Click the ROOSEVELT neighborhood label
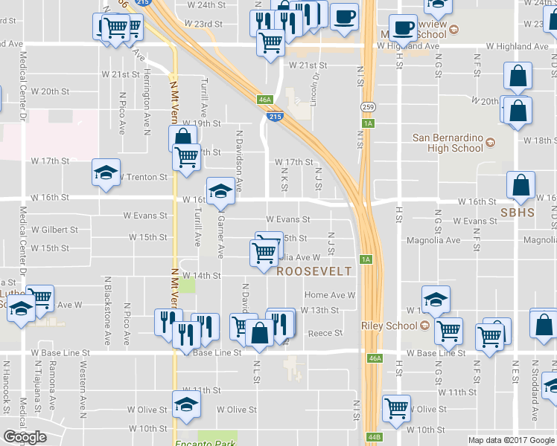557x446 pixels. (x=313, y=272)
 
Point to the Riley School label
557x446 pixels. (x=389, y=326)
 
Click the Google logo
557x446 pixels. (x=25, y=437)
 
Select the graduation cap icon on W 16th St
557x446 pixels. (x=220, y=191)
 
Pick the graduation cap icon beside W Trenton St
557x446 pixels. (x=106, y=173)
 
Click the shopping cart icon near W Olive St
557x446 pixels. (x=396, y=407)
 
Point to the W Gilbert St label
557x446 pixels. (x=54, y=230)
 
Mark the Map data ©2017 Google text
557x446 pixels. (x=511, y=440)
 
